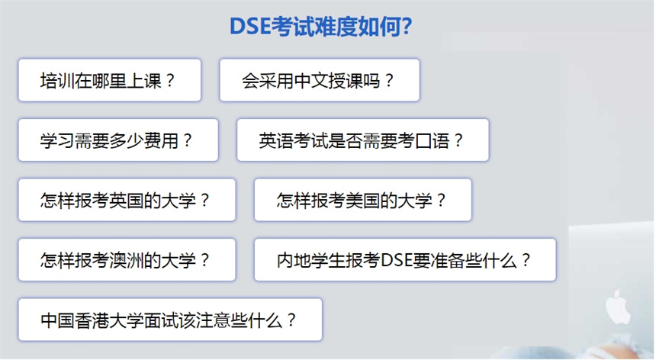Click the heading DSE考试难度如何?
(x=321, y=27)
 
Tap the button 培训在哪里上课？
(x=110, y=80)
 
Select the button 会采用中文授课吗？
(x=320, y=80)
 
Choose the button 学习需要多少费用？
(x=118, y=140)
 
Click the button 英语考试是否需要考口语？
(x=363, y=140)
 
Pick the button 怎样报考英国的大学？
(x=127, y=200)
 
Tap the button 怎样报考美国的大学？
(x=363, y=200)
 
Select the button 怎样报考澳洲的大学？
(x=127, y=259)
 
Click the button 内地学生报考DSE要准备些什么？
(x=405, y=259)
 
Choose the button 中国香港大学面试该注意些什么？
(x=170, y=320)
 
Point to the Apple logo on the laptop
(x=618, y=307)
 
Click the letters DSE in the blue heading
(x=249, y=27)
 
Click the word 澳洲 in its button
(x=127, y=260)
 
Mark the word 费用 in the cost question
(x=162, y=140)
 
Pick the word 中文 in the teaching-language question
(x=311, y=81)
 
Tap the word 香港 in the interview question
(x=92, y=320)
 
